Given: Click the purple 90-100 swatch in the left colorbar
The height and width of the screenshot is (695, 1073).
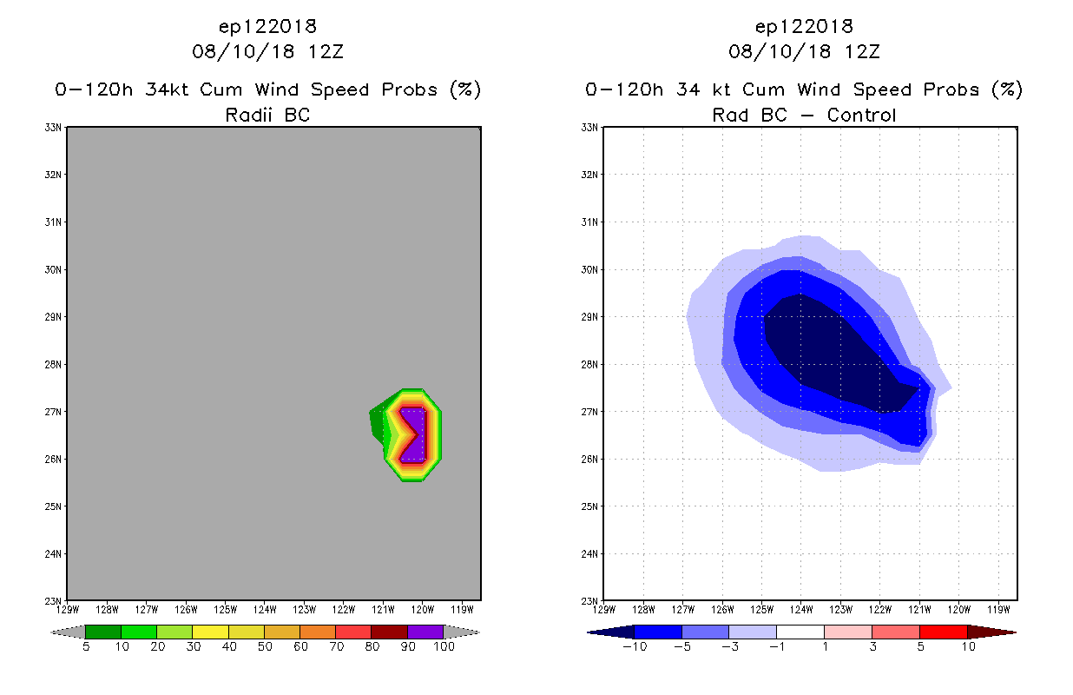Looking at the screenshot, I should click(425, 632).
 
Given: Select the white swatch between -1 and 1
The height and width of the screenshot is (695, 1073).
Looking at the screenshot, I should click(800, 632).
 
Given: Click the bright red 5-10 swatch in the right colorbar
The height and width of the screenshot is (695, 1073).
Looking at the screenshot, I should click(943, 632).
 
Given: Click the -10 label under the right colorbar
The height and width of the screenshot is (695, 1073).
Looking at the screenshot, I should click(635, 646).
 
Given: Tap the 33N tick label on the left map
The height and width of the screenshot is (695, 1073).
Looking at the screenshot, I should click(54, 128).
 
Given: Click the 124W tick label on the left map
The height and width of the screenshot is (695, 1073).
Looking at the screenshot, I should click(265, 609).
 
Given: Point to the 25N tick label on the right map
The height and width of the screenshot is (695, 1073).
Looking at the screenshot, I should click(589, 506).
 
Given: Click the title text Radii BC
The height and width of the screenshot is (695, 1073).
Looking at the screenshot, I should click(267, 115).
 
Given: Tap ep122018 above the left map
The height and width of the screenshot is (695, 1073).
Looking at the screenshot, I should click(267, 26).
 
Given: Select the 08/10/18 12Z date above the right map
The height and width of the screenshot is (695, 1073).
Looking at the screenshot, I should click(804, 51).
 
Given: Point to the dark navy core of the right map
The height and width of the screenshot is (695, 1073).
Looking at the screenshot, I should click(825, 356).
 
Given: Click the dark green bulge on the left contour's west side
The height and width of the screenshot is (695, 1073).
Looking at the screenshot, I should click(377, 423).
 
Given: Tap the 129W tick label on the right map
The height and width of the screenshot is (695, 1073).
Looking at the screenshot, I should click(603, 609).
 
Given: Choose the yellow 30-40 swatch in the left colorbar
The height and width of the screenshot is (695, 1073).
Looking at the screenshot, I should click(210, 632).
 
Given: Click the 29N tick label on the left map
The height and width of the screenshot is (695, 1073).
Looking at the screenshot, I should click(54, 317).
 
